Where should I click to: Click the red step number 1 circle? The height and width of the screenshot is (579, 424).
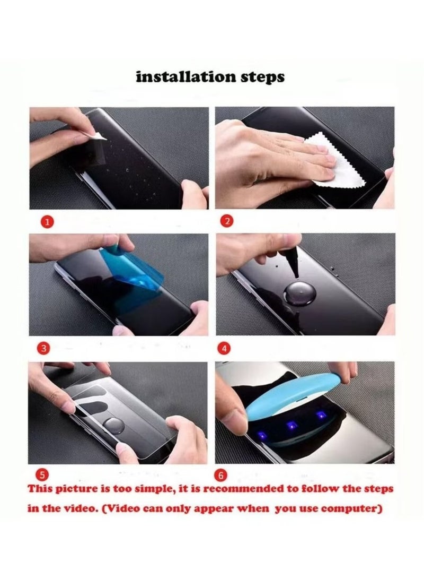[x=47, y=221]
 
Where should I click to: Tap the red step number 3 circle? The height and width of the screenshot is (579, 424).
[x=44, y=348]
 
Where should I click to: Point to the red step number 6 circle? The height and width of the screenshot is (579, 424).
[x=221, y=475]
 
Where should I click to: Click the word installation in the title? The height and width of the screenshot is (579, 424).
[x=186, y=77]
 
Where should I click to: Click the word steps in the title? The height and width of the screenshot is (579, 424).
[x=263, y=77]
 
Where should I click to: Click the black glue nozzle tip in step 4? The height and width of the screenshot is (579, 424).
[x=296, y=276]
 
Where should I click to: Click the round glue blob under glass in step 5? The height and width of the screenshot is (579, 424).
[x=113, y=427]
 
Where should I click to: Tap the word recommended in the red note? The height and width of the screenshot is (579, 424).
[x=242, y=489]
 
